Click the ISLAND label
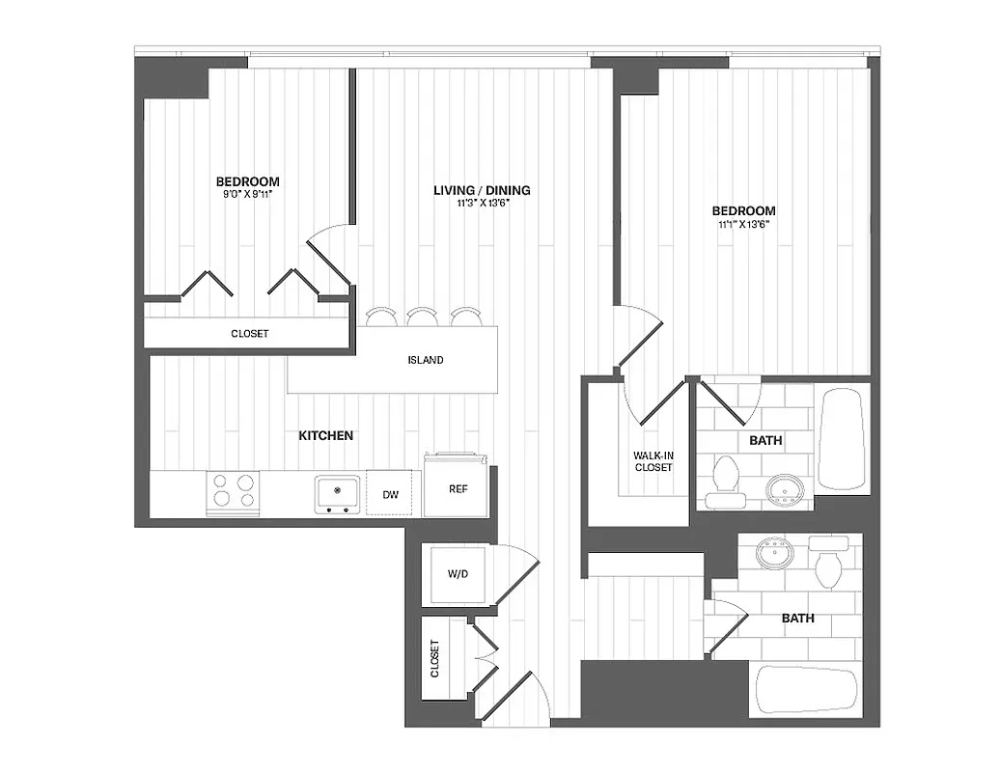coord(426,360)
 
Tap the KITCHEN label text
coord(325,436)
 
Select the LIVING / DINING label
coord(482,190)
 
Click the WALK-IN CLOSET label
coord(653,460)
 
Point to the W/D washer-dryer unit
coord(458,575)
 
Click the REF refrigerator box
coord(458,488)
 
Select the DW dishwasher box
coord(391,494)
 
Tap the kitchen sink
coord(337,493)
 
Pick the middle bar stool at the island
coord(422,317)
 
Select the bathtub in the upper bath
coord(844,440)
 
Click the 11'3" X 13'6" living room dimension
coord(482,205)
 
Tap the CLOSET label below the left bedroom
coord(249,334)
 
